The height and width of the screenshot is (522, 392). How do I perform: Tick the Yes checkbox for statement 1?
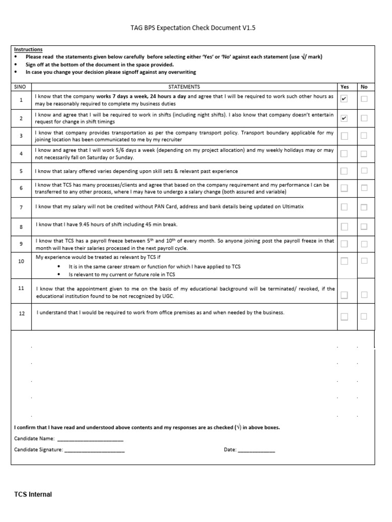(x=344, y=99)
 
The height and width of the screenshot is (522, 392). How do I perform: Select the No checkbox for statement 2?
(x=364, y=118)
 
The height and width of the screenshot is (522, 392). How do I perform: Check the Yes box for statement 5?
(x=344, y=171)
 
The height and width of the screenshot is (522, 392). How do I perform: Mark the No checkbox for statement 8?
(x=364, y=226)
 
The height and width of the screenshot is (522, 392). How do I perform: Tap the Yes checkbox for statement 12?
(x=344, y=317)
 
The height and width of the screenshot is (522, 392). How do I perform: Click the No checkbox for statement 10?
(x=364, y=261)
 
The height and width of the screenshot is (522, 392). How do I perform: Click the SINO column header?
(x=20, y=87)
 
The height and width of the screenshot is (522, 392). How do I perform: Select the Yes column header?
(x=345, y=87)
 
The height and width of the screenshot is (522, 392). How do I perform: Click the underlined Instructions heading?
(x=29, y=49)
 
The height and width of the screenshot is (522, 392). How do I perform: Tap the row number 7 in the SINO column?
(x=21, y=207)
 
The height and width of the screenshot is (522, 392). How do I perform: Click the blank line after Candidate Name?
(x=90, y=439)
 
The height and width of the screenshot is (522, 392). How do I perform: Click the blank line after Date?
(x=256, y=450)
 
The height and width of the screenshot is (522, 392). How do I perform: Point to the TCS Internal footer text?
(x=33, y=494)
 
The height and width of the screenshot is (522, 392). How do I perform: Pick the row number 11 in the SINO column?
(x=21, y=288)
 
